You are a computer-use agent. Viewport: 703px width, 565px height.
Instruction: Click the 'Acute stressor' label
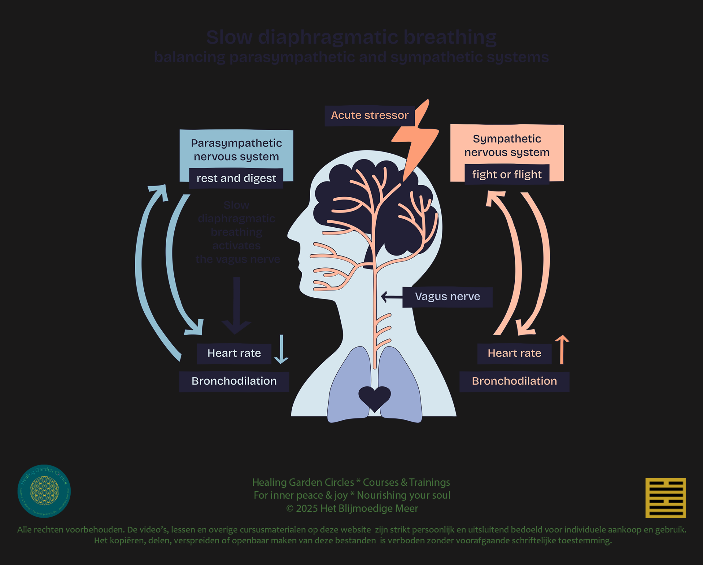pos(370,115)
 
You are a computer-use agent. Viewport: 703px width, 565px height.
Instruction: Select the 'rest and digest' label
pos(236,179)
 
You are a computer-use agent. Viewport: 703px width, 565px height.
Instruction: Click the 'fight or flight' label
pos(507,175)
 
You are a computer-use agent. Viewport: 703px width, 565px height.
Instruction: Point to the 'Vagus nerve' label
pos(447,297)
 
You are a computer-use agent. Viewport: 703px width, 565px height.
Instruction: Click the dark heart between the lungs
pos(374,397)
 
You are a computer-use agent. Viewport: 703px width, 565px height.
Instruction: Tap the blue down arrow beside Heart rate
pos(281,349)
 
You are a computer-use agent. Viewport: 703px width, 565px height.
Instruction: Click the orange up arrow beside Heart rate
pos(562,349)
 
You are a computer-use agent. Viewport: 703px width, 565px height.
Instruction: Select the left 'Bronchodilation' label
pos(234,381)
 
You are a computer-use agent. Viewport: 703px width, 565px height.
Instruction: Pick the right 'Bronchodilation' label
pos(514,381)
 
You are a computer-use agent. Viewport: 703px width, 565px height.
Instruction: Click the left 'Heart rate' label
pos(234,353)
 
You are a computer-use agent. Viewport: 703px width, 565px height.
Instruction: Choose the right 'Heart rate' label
pos(514,353)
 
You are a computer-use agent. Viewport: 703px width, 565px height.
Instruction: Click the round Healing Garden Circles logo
pos(44,491)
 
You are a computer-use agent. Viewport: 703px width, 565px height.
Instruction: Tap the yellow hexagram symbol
pos(665,498)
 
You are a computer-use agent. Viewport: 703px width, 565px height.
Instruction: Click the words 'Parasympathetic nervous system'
pos(236,150)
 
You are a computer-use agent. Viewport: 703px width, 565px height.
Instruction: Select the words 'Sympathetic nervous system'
pos(507,146)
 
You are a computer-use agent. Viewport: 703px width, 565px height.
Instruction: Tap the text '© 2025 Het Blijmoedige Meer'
pos(352,509)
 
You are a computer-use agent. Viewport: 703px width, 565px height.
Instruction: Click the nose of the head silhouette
pos(291,235)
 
